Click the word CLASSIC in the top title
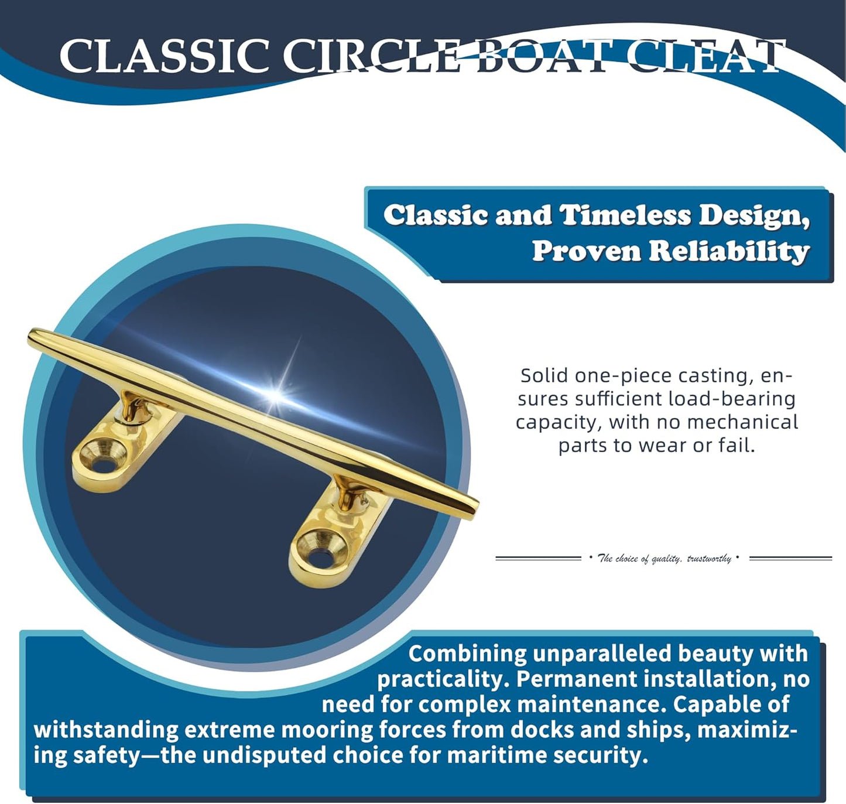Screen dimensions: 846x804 click(165, 56)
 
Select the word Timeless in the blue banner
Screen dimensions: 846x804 click(626, 215)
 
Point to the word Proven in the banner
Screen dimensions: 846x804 click(587, 251)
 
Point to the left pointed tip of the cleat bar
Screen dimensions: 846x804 click(30, 334)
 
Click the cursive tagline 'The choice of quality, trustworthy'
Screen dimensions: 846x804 click(664, 558)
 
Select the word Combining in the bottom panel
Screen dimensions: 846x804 click(467, 654)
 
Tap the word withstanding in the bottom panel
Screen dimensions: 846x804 click(106, 730)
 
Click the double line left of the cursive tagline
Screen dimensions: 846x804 click(538, 558)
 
